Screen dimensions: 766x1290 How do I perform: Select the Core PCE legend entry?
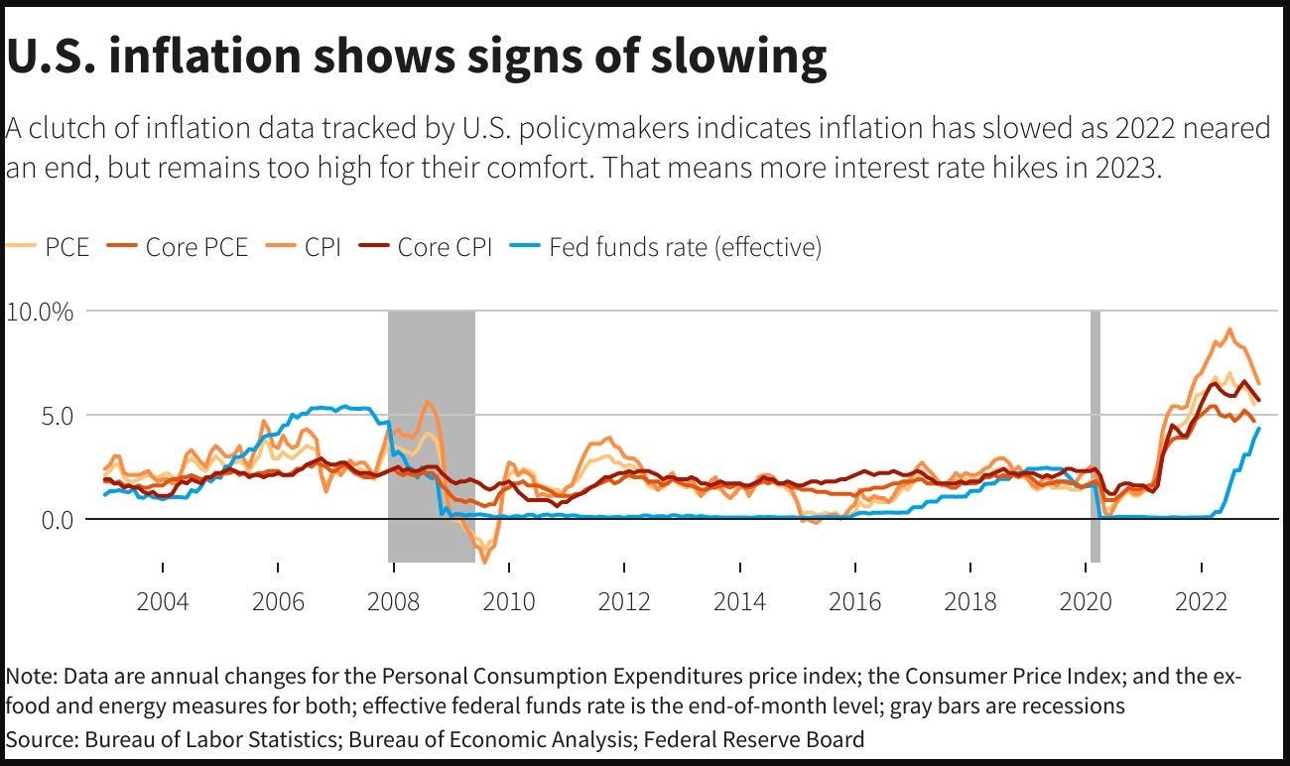[x=196, y=246]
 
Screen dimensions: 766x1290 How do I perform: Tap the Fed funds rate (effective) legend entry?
[x=685, y=246]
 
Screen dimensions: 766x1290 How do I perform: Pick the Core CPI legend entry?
[x=445, y=246]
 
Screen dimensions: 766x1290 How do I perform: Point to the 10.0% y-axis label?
[x=40, y=312]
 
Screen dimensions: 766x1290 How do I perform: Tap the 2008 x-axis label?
[x=393, y=601]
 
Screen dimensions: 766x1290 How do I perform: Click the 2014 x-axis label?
[x=739, y=601]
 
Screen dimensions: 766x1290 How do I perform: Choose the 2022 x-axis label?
[x=1202, y=601]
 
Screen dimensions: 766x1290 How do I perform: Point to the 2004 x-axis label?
[x=162, y=601]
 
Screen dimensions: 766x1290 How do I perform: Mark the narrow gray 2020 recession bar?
[x=1096, y=437]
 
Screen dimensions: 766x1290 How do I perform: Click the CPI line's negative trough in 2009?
[x=485, y=562]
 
